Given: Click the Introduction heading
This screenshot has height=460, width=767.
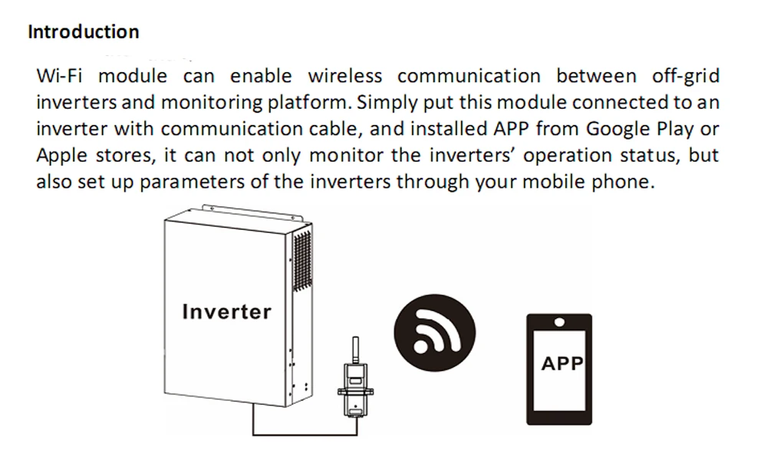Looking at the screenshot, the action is click(x=83, y=32).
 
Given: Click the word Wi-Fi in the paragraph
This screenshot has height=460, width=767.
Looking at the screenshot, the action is click(x=61, y=76).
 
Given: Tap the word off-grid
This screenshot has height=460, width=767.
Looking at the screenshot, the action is click(x=685, y=76).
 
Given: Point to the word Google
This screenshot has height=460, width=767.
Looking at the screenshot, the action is click(x=621, y=129).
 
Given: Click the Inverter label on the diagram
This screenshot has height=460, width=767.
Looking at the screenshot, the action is click(x=226, y=312).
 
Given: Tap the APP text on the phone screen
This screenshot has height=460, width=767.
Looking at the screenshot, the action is click(x=562, y=363).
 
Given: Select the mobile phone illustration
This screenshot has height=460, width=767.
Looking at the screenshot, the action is click(x=559, y=368).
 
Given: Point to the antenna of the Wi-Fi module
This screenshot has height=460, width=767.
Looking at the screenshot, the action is click(x=354, y=349).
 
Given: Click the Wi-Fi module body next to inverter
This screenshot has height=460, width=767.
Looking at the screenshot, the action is click(x=354, y=391).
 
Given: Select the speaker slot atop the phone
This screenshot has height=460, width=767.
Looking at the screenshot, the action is click(x=559, y=320).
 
